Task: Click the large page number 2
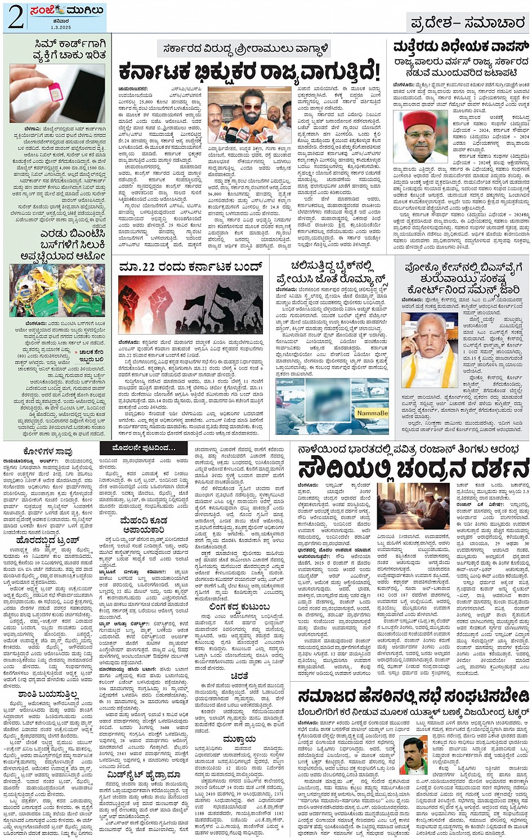click(15, 17)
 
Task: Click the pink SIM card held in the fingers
click(56, 91)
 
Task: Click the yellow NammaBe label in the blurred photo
click(372, 413)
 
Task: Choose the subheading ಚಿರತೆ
click(239, 676)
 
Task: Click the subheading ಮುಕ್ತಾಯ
click(239, 739)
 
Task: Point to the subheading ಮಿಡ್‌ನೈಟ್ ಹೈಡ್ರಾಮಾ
click(143, 776)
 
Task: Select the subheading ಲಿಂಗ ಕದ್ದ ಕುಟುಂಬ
click(239, 607)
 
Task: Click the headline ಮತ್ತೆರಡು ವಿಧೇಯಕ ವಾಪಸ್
click(461, 46)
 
